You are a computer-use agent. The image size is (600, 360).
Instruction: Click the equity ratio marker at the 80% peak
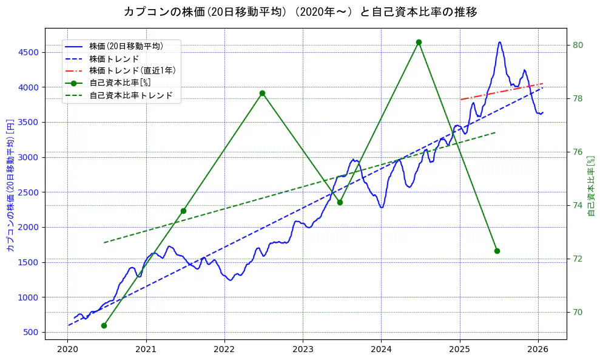(x=419, y=42)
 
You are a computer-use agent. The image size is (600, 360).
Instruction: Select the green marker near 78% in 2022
(x=262, y=93)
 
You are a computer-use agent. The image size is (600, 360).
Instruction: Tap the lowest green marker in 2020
(x=104, y=325)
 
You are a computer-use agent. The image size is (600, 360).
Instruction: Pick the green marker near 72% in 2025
(x=497, y=251)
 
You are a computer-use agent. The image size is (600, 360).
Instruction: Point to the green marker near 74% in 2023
(x=340, y=202)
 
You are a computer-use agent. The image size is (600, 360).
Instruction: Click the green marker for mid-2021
(x=183, y=211)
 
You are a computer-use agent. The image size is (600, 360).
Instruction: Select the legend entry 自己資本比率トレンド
(x=131, y=95)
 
